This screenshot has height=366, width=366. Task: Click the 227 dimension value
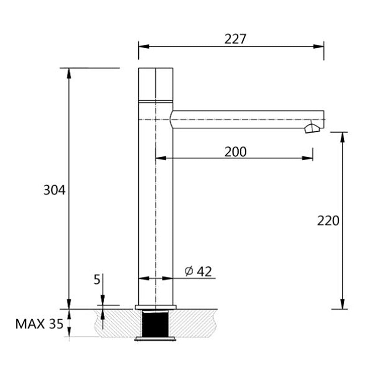coord(235,39)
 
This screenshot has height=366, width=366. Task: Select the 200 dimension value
coord(235,152)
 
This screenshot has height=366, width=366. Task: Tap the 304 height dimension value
coord(54,190)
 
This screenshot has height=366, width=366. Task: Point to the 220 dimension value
coord(328,220)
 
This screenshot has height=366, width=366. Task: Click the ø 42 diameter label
coord(198,271)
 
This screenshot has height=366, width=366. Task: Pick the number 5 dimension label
coord(97,280)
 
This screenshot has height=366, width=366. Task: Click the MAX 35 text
coord(40,324)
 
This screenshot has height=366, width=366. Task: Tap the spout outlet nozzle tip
coord(311,129)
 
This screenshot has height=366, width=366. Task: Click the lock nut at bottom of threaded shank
coord(156,339)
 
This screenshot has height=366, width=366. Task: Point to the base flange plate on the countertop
coord(156,307)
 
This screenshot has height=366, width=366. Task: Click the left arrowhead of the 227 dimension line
coord(143,46)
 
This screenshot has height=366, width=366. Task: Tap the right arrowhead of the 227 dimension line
coord(319,46)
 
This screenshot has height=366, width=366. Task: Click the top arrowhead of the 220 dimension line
coord(342,137)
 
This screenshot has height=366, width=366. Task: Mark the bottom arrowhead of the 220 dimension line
coord(342,304)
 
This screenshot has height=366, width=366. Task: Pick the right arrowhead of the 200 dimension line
coord(308,158)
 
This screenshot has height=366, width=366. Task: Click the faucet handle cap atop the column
coord(156,83)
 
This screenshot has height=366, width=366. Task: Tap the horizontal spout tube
coord(245,119)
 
